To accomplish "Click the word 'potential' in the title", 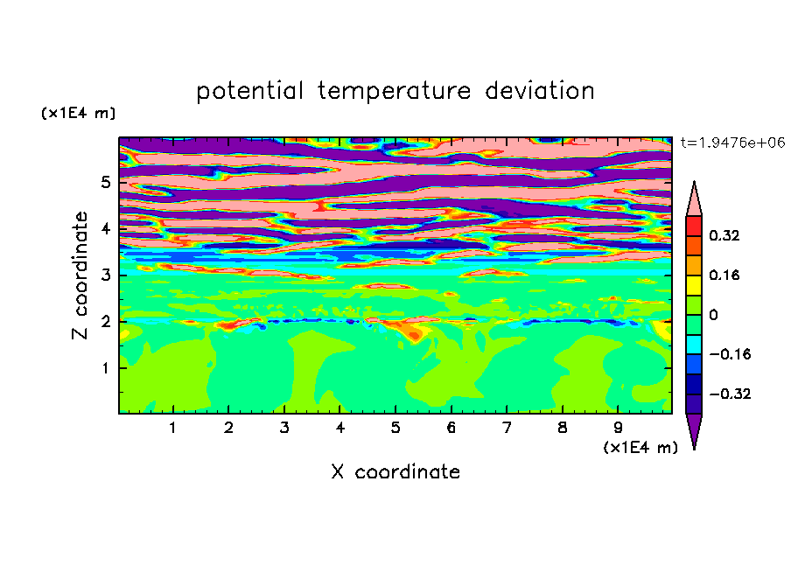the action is (249, 92).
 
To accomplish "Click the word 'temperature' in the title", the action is (395, 91).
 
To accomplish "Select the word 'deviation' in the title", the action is (540, 91).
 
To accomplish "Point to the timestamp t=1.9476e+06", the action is (732, 143).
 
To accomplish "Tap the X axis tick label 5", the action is (395, 428).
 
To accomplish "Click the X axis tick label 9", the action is (618, 428).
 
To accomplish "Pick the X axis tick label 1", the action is (173, 428).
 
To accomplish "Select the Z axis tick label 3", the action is (105, 276).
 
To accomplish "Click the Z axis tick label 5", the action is (105, 182).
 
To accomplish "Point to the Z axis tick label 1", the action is (105, 368).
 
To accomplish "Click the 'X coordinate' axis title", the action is (395, 471).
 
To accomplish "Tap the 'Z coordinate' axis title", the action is (80, 276).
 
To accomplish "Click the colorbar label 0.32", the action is (724, 235).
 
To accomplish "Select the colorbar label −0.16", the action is (730, 354).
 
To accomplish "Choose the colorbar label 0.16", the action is (724, 275).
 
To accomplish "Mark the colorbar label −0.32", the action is (730, 394).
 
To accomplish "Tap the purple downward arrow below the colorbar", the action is (694, 429).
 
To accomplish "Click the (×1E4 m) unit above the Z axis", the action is (78, 113).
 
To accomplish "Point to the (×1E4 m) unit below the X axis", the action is (640, 447).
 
